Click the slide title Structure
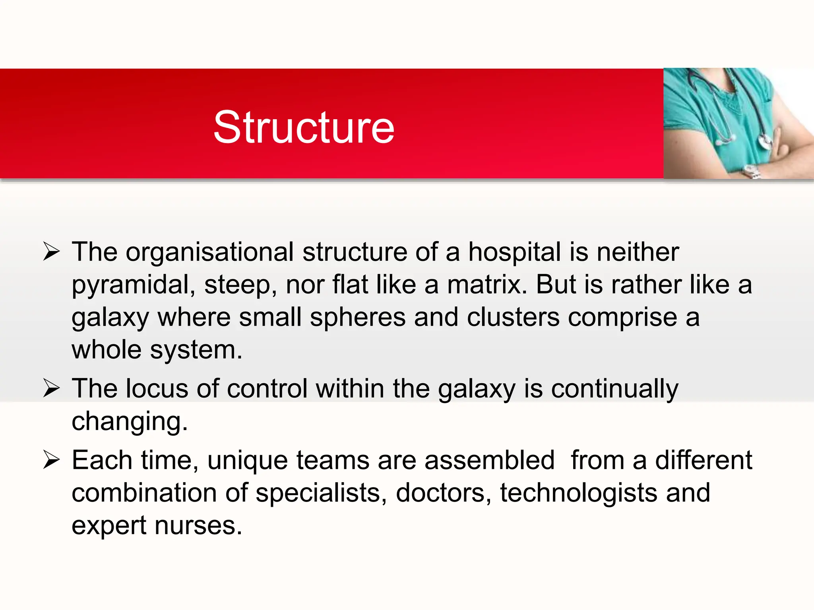(304, 127)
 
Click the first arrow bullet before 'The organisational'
(51, 251)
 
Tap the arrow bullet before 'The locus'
(51, 388)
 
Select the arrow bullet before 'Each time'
(51, 460)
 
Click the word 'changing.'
(130, 422)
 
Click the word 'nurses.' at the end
(198, 525)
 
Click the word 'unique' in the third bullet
(247, 461)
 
